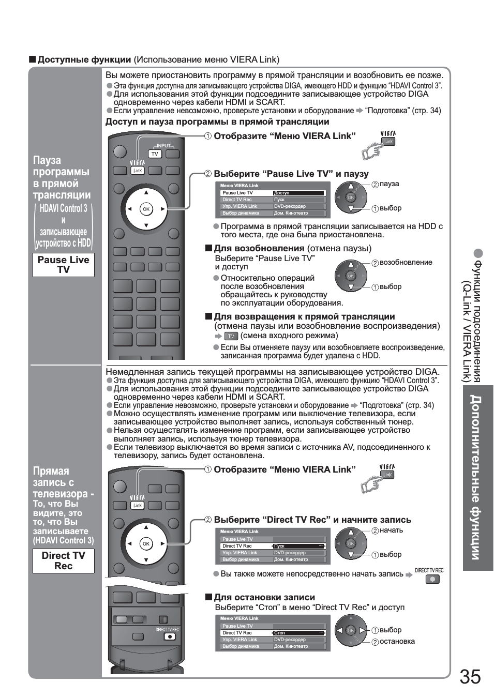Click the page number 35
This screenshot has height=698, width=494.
click(x=470, y=676)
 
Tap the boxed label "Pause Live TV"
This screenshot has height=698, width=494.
click(x=64, y=265)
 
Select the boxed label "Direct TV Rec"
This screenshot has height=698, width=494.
click(x=64, y=560)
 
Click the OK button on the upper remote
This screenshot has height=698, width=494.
click(x=146, y=209)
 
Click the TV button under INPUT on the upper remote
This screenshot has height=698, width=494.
click(x=155, y=154)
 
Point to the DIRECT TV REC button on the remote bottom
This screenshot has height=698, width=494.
click(x=170, y=636)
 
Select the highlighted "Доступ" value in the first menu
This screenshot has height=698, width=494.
click(x=298, y=193)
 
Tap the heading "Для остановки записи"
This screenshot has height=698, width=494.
click(x=264, y=597)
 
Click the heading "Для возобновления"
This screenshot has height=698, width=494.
click(x=259, y=248)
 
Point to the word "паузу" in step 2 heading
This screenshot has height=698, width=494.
click(x=356, y=174)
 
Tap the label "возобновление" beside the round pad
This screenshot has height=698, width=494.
click(x=406, y=262)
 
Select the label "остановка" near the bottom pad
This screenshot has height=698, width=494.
click(x=397, y=642)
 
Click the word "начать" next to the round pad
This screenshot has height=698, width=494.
click(x=391, y=530)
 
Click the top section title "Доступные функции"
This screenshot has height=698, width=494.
click(x=84, y=59)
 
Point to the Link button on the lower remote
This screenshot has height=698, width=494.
click(x=138, y=505)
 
